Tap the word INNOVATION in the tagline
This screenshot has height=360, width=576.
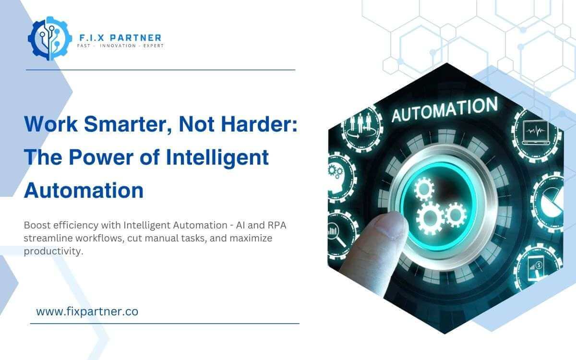pos(120,46)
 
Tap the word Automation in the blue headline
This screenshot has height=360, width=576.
pos(84,191)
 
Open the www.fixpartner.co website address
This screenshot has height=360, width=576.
pos(87,312)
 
